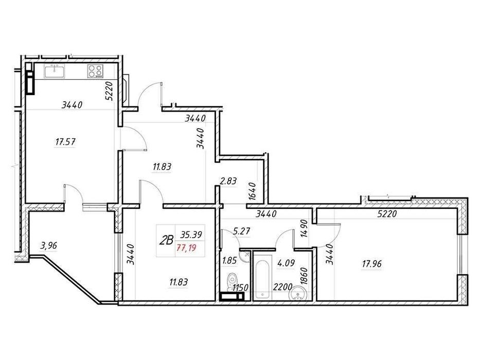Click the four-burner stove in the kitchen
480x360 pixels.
click(x=95, y=70)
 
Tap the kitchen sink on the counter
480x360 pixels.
click(x=54, y=70)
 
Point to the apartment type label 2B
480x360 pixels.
click(x=166, y=240)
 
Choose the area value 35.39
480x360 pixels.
click(x=191, y=235)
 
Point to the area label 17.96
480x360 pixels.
click(x=371, y=264)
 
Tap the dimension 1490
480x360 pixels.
click(x=303, y=226)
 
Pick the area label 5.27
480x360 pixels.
click(x=241, y=231)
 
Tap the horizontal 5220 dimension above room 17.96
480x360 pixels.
click(x=386, y=215)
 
